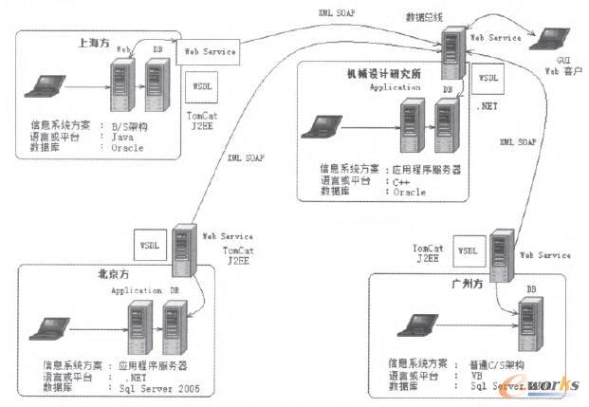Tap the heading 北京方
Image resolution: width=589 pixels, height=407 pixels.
point(112,273)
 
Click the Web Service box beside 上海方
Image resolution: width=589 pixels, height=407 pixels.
point(209,49)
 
